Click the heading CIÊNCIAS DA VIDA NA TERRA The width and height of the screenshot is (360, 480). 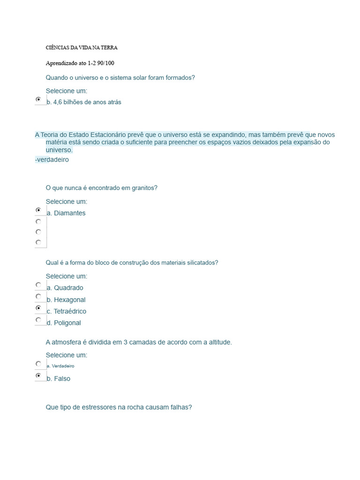pyautogui.click(x=82, y=48)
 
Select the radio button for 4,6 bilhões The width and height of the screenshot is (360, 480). pyautogui.click(x=38, y=99)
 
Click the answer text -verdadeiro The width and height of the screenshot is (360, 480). pyautogui.click(x=52, y=159)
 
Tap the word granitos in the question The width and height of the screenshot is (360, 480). pyautogui.click(x=144, y=188)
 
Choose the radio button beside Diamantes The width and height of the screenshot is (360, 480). pyautogui.click(x=38, y=210)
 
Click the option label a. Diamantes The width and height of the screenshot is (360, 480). pyautogui.click(x=66, y=213)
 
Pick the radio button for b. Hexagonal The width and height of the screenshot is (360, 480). pyautogui.click(x=38, y=297)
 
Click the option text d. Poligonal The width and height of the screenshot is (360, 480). pyautogui.click(x=64, y=323)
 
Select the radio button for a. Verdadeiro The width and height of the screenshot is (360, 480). pyautogui.click(x=38, y=364)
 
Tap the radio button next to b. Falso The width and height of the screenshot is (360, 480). pyautogui.click(x=38, y=376)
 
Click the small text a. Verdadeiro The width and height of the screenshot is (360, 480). pyautogui.click(x=60, y=366)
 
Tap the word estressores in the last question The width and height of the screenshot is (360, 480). pyautogui.click(x=97, y=407)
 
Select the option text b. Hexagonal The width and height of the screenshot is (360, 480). pyautogui.click(x=66, y=300)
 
